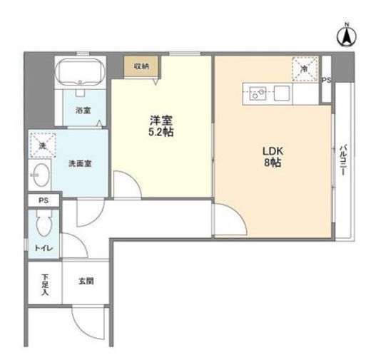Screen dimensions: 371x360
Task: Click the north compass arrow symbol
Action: click(347, 36)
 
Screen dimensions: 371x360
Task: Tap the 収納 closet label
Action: click(141, 67)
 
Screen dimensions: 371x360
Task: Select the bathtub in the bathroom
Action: click(80, 72)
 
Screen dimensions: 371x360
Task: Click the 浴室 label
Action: click(83, 110)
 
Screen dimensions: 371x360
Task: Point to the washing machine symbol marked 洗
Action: click(43, 145)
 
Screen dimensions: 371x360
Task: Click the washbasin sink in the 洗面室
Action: click(41, 175)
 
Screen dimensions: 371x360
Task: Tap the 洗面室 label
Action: click(80, 163)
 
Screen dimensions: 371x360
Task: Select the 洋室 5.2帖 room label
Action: click(161, 126)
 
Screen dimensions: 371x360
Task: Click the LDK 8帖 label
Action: click(273, 157)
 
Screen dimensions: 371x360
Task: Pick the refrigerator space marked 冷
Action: click(305, 69)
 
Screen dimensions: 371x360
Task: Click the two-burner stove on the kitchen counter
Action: click(258, 93)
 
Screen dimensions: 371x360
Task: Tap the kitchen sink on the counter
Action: click(282, 93)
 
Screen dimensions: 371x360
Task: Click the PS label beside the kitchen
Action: click(326, 80)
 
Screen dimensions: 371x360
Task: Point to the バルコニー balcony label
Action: click(342, 160)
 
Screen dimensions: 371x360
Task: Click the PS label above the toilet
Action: click(44, 200)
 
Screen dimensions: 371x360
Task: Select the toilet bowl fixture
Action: click(44, 223)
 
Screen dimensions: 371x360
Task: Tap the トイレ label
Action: click(44, 248)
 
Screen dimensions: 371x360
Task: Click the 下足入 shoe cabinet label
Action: click(44, 284)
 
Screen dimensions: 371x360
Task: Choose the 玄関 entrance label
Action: click(86, 281)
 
